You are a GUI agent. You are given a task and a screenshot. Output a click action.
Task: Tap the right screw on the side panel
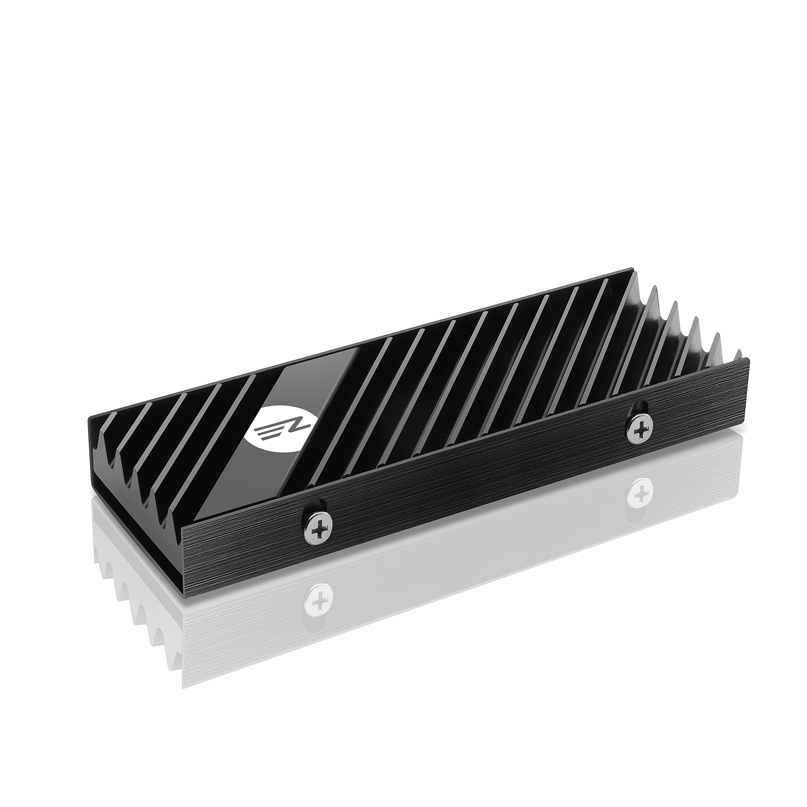coord(639,428)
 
